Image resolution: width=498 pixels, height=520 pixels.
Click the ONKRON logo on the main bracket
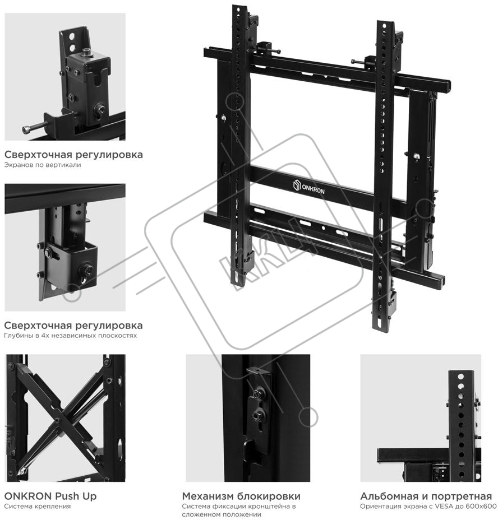pyautogui.click(x=309, y=187)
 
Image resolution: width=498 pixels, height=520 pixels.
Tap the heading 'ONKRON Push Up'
pyautogui.click(x=50, y=496)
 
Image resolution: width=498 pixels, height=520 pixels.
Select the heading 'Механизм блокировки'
pyautogui.click(x=241, y=496)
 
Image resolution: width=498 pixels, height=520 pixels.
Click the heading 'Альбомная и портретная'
pyautogui.click(x=426, y=496)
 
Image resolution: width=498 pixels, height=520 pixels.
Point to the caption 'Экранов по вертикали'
pyautogui.click(x=43, y=165)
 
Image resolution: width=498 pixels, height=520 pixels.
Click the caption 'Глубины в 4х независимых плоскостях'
pyautogui.click(x=71, y=335)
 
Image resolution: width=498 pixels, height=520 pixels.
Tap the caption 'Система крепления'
pyautogui.click(x=38, y=507)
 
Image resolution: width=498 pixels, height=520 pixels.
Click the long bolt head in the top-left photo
pyautogui.click(x=25, y=129)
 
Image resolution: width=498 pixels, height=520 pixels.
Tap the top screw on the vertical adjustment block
pyautogui.click(x=87, y=52)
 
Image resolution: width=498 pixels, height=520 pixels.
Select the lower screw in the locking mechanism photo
pyautogui.click(x=257, y=415)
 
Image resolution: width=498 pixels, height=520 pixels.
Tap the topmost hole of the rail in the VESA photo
pyautogui.click(x=461, y=377)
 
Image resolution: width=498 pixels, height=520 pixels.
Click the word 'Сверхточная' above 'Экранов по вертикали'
pyautogui.click(x=38, y=155)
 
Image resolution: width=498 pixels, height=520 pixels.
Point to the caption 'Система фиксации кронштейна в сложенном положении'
pyautogui.click(x=239, y=510)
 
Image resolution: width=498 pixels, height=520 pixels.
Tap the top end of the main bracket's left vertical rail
pyautogui.click(x=239, y=7)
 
